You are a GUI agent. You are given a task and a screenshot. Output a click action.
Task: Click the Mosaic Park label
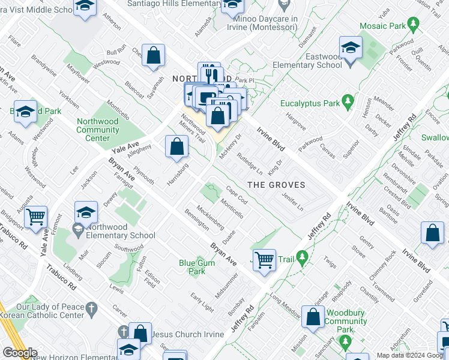pos(382,26)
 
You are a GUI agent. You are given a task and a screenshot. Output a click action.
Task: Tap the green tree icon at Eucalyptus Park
pos(347,103)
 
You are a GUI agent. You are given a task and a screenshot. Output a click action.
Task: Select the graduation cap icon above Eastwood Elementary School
pos(351,46)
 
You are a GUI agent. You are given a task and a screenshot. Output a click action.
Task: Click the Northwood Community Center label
pos(97,130)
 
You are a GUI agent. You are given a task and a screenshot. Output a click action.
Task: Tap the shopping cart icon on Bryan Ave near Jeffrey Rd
pos(264,259)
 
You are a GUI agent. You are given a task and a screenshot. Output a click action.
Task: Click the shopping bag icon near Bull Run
pos(154,55)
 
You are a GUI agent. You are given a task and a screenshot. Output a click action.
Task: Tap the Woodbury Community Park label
pos(345,317)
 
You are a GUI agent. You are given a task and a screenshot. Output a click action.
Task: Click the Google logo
pos(20,353)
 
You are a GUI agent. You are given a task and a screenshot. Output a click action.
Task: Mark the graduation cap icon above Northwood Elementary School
pos(86,211)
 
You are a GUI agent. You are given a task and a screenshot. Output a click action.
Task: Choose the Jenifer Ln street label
pos(292,201)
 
